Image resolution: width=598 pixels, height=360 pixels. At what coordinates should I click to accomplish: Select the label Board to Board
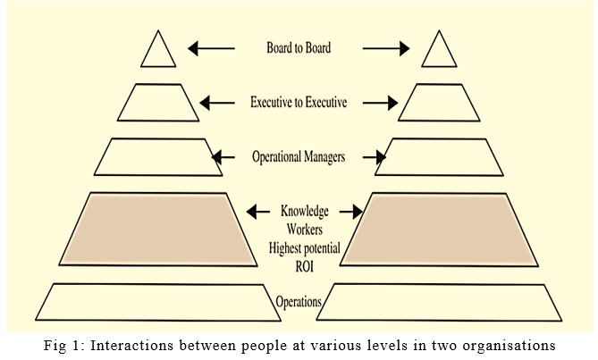(299, 48)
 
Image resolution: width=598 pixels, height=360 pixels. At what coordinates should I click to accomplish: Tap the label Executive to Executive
(299, 103)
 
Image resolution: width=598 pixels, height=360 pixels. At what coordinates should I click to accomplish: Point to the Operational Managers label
(299, 157)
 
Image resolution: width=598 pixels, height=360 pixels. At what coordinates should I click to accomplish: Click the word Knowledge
(305, 212)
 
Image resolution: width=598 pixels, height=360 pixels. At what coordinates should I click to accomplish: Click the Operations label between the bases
(299, 302)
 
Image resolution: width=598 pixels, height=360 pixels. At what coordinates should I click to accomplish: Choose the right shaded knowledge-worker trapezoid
(439, 230)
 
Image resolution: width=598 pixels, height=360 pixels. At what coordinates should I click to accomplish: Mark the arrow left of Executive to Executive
(217, 103)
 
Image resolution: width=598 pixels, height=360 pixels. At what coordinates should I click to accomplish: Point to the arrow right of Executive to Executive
(381, 103)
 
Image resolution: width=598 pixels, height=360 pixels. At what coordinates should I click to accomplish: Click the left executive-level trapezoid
(156, 103)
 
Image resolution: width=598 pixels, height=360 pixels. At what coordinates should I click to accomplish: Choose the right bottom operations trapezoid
(440, 302)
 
